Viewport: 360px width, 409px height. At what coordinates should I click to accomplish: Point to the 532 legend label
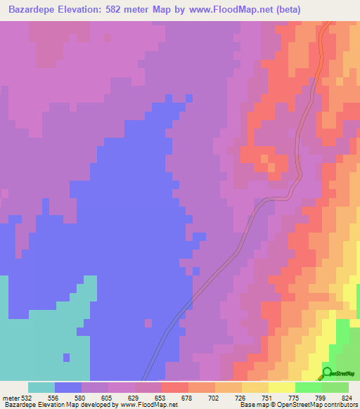27,398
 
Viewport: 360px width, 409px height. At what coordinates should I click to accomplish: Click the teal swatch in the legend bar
41,387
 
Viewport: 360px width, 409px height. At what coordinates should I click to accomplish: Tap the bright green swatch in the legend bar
308,387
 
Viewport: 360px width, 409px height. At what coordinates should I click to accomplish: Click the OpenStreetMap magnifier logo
327,372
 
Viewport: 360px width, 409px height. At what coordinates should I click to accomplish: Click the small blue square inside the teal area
66,357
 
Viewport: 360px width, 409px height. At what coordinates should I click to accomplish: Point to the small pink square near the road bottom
148,323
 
